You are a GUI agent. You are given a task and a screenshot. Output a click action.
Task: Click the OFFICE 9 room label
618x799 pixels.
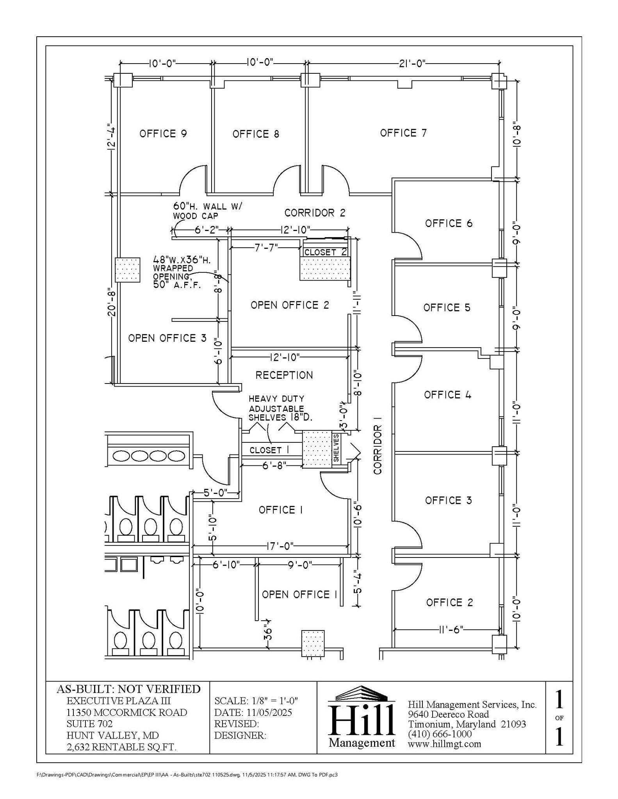[x=163, y=134]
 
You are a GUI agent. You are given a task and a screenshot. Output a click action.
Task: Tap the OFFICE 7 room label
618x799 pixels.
[x=403, y=133]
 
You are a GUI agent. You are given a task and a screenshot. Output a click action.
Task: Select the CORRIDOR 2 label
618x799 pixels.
[x=315, y=213]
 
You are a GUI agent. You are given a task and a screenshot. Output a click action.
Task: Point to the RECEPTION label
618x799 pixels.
[x=284, y=375]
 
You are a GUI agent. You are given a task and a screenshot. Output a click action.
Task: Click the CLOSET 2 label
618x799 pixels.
[x=325, y=252]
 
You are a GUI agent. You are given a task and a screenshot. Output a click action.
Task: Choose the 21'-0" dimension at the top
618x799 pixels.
[x=412, y=63]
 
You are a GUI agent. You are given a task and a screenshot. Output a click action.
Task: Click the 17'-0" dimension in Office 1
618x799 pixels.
[x=280, y=546]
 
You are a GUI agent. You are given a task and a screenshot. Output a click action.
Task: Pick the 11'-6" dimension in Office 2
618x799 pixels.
[x=451, y=629]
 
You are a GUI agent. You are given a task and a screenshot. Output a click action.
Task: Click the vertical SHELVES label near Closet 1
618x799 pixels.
[x=336, y=448]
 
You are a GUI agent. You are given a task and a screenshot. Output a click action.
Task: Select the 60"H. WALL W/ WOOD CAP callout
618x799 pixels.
[x=207, y=211]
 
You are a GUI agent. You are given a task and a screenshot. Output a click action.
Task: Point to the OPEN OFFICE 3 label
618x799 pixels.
[x=167, y=338]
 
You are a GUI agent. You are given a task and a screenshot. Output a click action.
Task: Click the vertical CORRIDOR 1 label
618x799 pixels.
[x=378, y=450]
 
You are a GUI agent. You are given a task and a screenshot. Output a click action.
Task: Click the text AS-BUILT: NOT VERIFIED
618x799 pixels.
[x=128, y=689]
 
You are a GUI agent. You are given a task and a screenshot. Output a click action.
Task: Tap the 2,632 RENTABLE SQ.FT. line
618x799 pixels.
[x=121, y=747]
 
